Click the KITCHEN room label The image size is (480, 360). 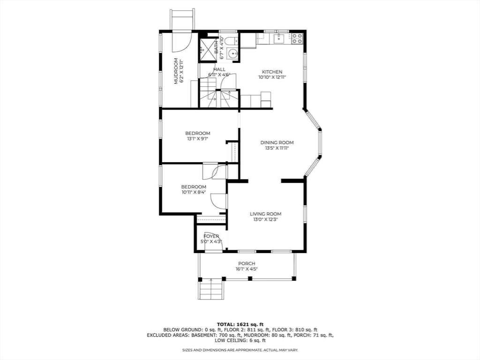[x=272, y=72]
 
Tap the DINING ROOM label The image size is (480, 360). [x=277, y=142]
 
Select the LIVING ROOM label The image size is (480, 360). [x=265, y=214]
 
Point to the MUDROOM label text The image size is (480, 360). [x=176, y=71]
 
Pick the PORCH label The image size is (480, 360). [x=246, y=263]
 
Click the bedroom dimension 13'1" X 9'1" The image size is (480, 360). [x=197, y=139]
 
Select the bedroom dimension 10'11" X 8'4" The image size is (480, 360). [x=194, y=192]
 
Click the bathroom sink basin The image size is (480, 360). [x=232, y=54]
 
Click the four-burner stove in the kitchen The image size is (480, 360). [x=297, y=38]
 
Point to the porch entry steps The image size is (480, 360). [x=211, y=289]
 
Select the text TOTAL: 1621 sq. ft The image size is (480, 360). [x=240, y=324]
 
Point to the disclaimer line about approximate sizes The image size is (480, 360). [x=240, y=350]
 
